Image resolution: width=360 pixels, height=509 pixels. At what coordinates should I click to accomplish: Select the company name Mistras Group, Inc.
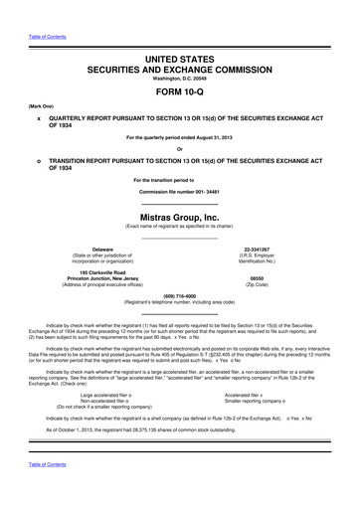click(x=180, y=216)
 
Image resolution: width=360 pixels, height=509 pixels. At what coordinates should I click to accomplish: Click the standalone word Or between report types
click(x=180, y=149)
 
